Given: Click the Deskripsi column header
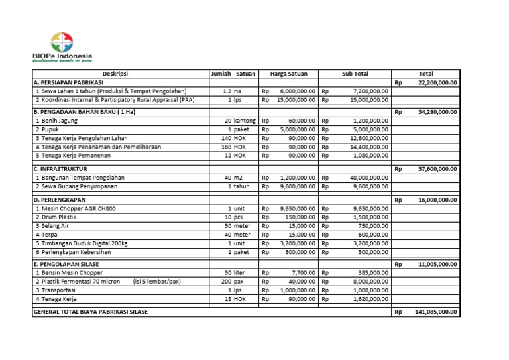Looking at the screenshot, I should point(119,74).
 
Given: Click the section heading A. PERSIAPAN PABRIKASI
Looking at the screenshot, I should point(64,82).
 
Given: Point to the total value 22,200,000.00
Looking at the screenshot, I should point(437,82).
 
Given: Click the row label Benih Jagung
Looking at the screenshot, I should point(58,121).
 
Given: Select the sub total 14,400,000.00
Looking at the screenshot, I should point(365,147).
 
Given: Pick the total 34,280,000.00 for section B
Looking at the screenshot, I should point(437,112).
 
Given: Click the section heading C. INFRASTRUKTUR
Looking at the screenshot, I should point(60,169).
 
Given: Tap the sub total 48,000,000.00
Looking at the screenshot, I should point(365,178).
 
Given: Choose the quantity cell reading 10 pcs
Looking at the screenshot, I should point(232,217).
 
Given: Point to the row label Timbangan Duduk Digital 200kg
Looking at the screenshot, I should point(82,243).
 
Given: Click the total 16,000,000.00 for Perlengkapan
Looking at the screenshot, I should point(437,199).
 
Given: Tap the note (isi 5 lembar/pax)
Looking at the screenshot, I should point(156,281).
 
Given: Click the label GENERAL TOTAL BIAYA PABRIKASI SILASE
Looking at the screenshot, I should point(91,311).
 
